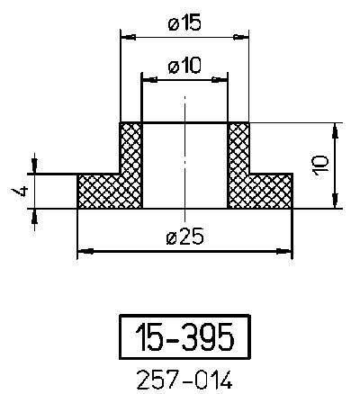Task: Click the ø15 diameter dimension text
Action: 184,24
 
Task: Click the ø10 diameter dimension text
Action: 184,65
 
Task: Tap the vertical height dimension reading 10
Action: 321,165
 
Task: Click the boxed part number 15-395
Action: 184,337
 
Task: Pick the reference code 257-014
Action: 184,381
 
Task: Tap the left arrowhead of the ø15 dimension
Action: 126,37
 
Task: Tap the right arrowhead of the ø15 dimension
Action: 243,37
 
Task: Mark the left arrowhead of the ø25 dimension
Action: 83,251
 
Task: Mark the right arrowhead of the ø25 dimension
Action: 288,251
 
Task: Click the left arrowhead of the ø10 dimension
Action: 148,79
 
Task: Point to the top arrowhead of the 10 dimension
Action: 336,129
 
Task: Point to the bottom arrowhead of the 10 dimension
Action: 336,203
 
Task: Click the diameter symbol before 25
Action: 171,237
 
